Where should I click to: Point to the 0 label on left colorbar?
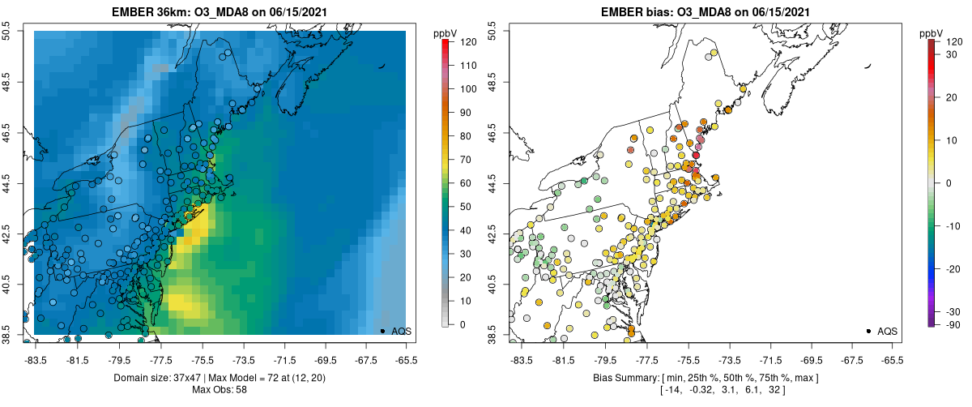tap(461, 324)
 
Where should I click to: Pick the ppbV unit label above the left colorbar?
tap(446, 33)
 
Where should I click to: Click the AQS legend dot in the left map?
tap(382, 331)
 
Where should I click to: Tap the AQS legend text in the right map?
tap(888, 331)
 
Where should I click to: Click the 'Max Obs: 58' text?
tap(221, 390)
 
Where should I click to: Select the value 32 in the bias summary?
tap(769, 390)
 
